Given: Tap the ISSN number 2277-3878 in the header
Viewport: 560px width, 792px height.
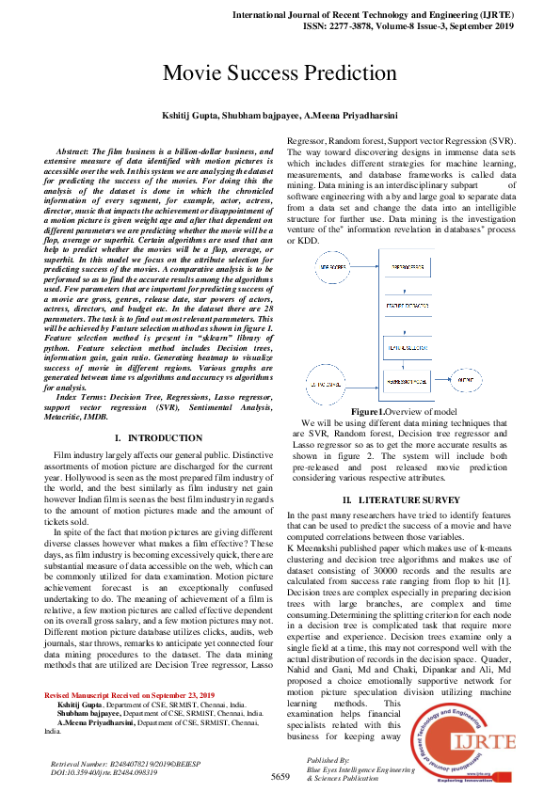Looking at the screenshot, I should (364, 26).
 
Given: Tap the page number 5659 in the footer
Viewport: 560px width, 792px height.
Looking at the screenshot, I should (280, 776).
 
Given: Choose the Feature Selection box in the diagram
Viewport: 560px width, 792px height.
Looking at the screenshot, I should (407, 347).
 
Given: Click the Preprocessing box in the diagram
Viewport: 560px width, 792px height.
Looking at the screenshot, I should (407, 268).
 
